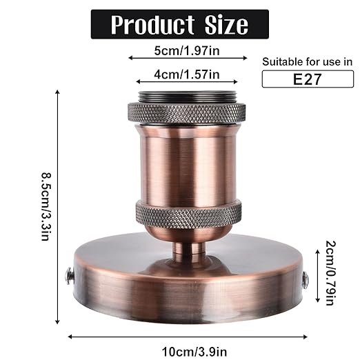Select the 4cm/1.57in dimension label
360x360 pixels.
point(178,74)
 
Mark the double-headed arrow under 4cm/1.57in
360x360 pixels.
point(178,85)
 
